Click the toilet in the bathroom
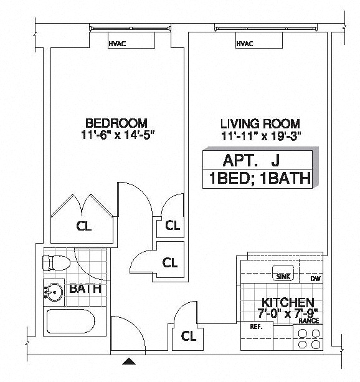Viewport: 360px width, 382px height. point(57,263)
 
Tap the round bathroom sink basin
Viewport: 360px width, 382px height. point(54,292)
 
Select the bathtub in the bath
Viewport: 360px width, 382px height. point(70,321)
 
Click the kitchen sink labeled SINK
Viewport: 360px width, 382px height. point(283,272)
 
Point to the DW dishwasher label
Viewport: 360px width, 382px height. point(316,279)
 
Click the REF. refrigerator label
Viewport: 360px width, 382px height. point(256,327)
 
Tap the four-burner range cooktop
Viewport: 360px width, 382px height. point(308,337)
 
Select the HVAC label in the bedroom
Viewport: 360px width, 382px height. point(117,44)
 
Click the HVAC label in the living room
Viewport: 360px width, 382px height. point(245,44)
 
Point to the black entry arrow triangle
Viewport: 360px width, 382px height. point(128,361)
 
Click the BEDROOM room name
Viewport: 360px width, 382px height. point(116,123)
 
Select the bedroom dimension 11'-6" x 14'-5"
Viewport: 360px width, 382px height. point(118,135)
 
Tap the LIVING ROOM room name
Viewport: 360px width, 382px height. point(260,124)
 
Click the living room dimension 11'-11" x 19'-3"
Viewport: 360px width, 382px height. point(261,136)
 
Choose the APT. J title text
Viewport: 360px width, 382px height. point(251,160)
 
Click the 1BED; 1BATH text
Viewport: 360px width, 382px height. point(260,178)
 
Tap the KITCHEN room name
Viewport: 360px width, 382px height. point(288,303)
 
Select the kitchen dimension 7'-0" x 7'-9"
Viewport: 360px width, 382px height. point(288,313)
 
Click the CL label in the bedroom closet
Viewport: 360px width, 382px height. point(84,226)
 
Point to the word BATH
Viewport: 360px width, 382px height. point(85,289)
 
